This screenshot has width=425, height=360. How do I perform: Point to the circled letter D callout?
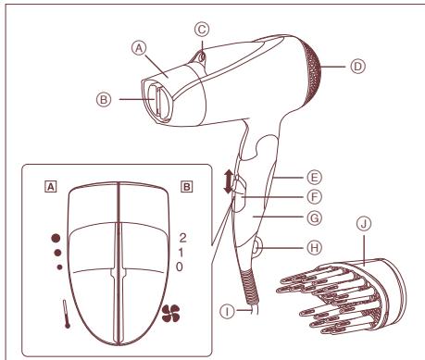pyautogui.click(x=359, y=65)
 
